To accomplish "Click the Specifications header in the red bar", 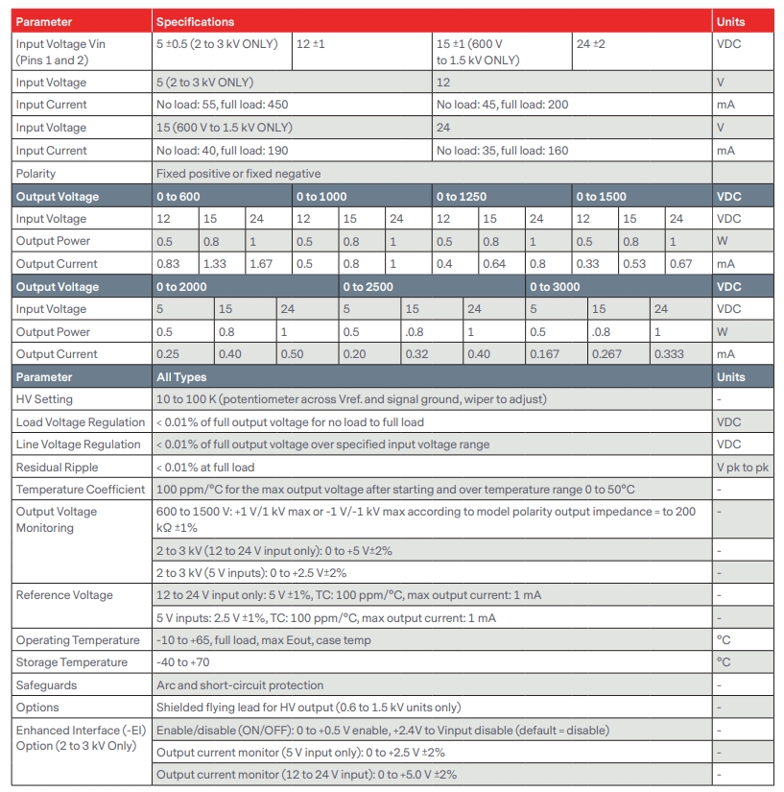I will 195,21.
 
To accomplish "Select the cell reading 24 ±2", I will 590,44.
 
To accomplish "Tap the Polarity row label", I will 36,174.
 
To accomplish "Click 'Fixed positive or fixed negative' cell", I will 238,174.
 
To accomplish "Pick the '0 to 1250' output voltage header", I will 461,197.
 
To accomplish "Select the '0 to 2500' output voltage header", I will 368,287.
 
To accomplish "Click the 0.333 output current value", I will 671,354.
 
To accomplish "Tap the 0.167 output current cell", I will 544,354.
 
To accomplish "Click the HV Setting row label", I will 44,399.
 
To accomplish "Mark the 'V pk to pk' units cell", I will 743,468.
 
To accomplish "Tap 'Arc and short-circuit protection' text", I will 240,685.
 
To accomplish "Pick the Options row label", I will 37,708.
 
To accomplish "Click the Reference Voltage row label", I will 64,595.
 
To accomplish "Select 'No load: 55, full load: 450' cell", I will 222,105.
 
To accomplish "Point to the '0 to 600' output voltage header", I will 178,197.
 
